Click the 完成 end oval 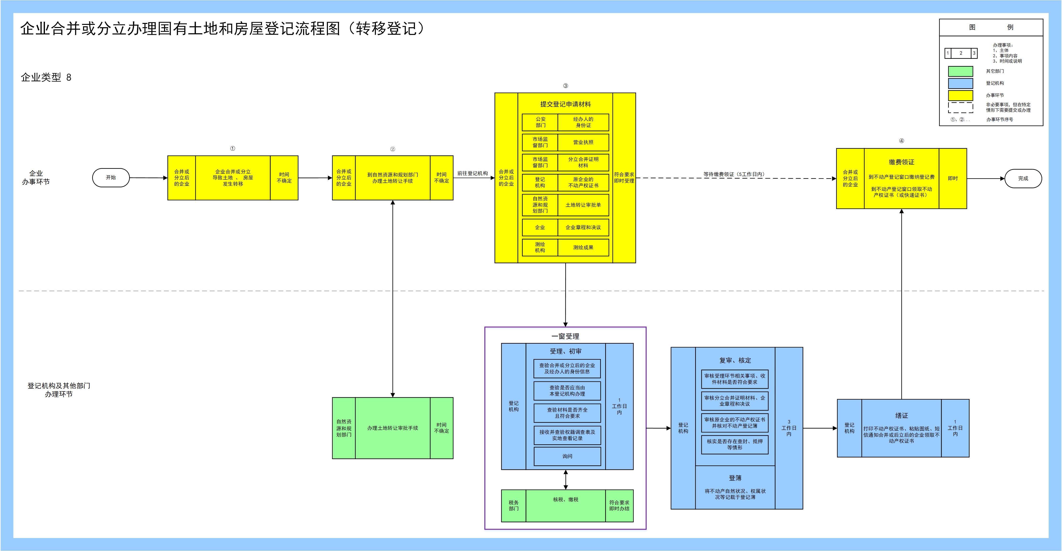pyautogui.click(x=1023, y=179)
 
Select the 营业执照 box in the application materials pyautogui.click(x=583, y=142)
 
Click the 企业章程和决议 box pyautogui.click(x=583, y=227)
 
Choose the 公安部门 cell pyautogui.click(x=540, y=122)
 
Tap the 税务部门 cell pyautogui.click(x=514, y=506)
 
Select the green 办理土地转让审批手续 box pyautogui.click(x=392, y=428)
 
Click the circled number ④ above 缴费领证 pyautogui.click(x=901, y=141)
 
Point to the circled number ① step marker pyautogui.click(x=233, y=149)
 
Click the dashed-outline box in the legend pyautogui.click(x=960, y=107)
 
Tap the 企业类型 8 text pyautogui.click(x=46, y=77)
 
